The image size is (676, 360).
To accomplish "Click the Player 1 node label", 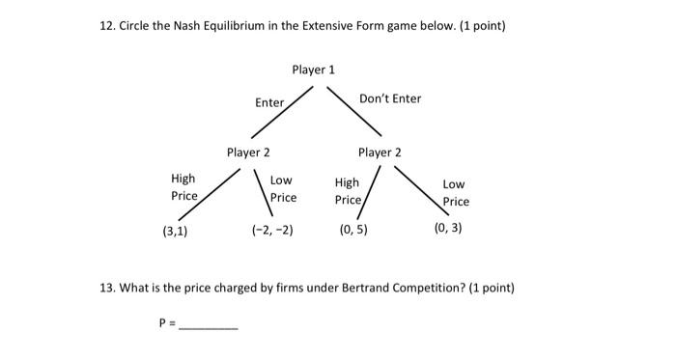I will point(313,69).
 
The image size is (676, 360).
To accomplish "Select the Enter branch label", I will point(269,102).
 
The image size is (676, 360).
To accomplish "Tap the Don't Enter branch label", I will point(390,98).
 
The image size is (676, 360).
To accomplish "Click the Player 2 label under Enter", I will point(248,152).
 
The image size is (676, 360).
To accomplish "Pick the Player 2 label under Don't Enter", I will point(380,152).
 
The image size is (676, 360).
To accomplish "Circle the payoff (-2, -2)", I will point(271,231).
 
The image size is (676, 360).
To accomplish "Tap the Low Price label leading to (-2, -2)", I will point(282,189).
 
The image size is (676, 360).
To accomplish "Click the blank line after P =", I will point(209,326).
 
